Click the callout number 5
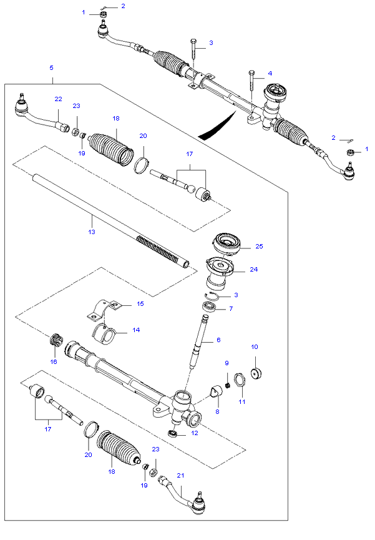[x=51, y=67]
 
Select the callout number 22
[x=58, y=99]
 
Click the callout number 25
[x=260, y=247]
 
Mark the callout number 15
[x=140, y=304]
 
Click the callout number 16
[x=54, y=361]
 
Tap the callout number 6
[x=218, y=340]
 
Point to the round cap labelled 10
[x=255, y=374]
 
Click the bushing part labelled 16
[x=54, y=341]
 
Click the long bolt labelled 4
[x=251, y=88]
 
